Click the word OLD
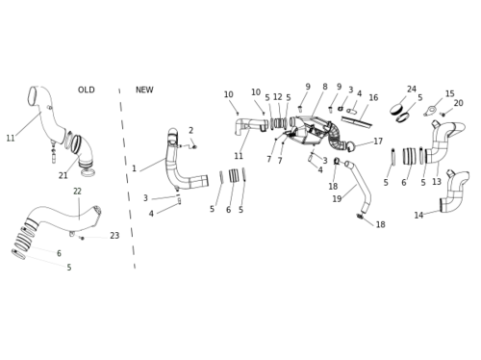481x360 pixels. [87, 90]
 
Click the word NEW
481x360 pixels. [144, 90]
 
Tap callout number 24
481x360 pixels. [412, 90]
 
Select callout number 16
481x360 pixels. [373, 97]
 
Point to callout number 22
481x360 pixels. [77, 192]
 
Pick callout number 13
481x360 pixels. [437, 182]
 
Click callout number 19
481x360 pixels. [337, 199]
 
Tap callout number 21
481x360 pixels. [63, 175]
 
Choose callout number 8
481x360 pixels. [325, 87]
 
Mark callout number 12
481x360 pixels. [278, 97]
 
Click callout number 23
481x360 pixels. [114, 236]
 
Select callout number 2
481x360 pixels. [190, 130]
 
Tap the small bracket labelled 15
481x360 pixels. [430, 111]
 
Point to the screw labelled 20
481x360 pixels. [443, 115]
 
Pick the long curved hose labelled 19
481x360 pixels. [360, 186]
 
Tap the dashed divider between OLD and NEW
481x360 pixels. [127, 178]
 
